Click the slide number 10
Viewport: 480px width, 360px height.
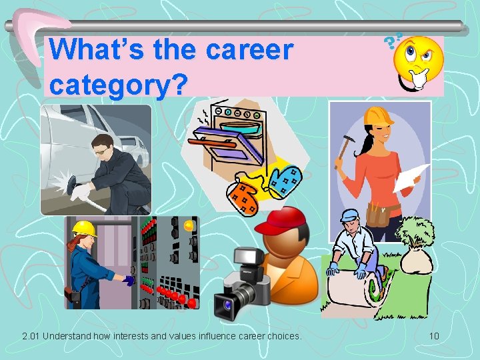point(434,335)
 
